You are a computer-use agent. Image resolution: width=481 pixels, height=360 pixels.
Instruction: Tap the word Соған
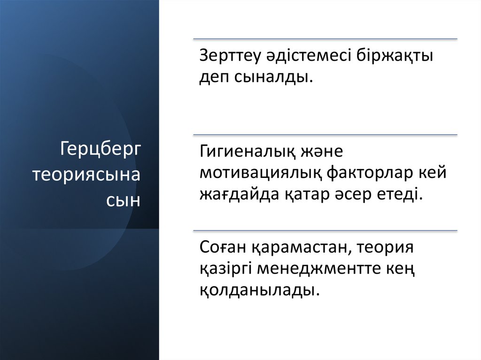(x=223, y=247)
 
